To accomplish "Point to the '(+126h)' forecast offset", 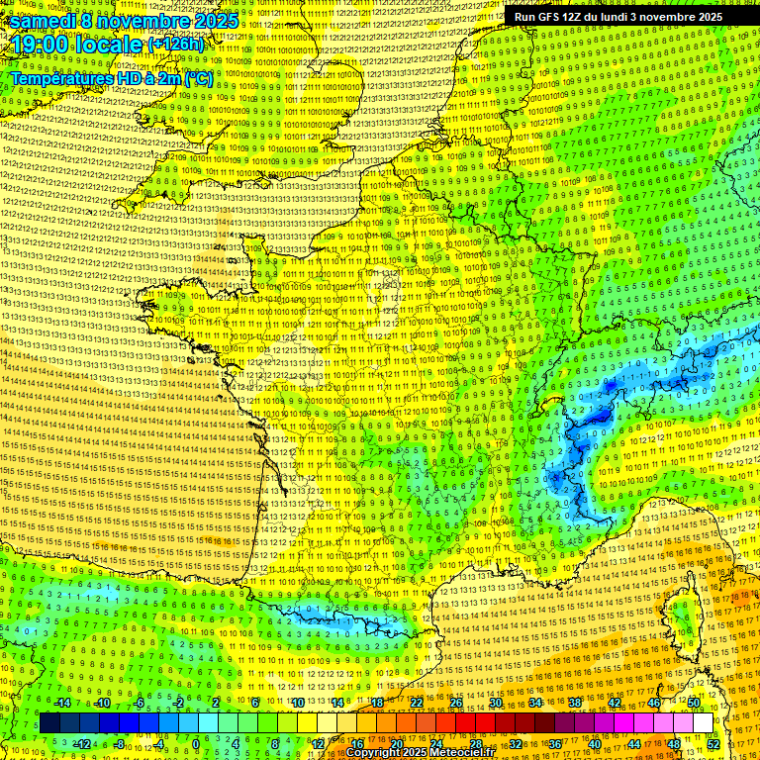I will coord(175,45).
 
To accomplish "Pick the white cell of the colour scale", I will coord(703,723).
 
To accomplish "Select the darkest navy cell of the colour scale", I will coord(49,723).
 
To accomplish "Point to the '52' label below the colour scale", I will coord(713,743).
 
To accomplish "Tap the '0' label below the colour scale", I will coord(196,743).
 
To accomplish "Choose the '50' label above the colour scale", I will coord(694,703).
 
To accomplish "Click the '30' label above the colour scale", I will coord(495,703).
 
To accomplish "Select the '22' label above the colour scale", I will coord(416,703).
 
